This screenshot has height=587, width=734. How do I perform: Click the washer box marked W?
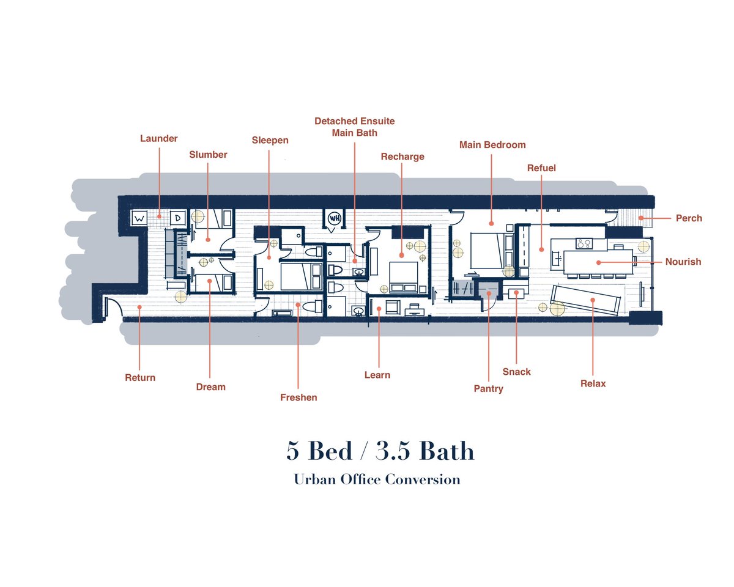coord(139,218)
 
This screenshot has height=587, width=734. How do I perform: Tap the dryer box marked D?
coord(178,218)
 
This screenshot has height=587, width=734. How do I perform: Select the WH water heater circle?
coord(335,218)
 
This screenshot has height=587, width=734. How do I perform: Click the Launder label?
coord(159,138)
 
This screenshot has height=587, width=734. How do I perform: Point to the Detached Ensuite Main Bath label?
coord(354,127)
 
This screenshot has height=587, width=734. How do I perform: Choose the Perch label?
coord(689,218)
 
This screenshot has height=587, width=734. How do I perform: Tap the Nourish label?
coord(683,262)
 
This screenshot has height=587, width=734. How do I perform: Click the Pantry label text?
coord(489,389)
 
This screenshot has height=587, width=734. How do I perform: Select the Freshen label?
coord(298,397)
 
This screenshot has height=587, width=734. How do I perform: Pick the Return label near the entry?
coord(140,378)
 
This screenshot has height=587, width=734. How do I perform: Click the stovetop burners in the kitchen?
coord(584,243)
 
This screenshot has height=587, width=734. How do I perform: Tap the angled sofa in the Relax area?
coord(585,301)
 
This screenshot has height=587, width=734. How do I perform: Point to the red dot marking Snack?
coord(516,293)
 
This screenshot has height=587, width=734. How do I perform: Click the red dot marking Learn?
coord(379,309)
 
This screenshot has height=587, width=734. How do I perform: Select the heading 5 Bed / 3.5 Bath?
coord(380,451)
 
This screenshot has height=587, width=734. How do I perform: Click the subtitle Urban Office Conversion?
coord(377,479)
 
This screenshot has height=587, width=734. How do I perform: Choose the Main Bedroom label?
coord(492,145)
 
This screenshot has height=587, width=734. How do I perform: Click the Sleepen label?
coord(270,140)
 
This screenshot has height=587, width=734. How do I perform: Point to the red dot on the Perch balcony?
coord(641,218)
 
